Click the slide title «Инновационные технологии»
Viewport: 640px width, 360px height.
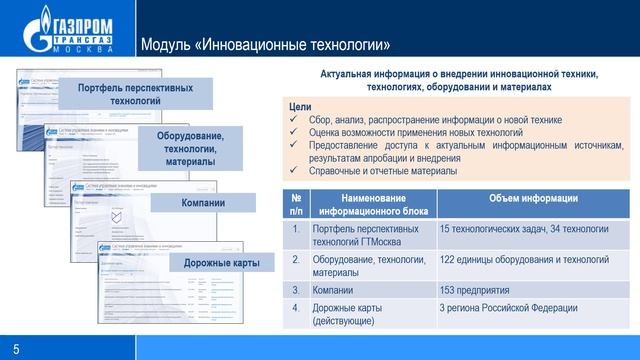point(265,45)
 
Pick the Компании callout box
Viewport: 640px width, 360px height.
point(202,204)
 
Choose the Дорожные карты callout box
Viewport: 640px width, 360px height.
point(221,263)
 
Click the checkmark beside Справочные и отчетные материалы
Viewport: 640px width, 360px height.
point(293,171)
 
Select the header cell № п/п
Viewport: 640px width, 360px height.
point(295,204)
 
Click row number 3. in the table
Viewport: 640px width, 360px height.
point(295,289)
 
